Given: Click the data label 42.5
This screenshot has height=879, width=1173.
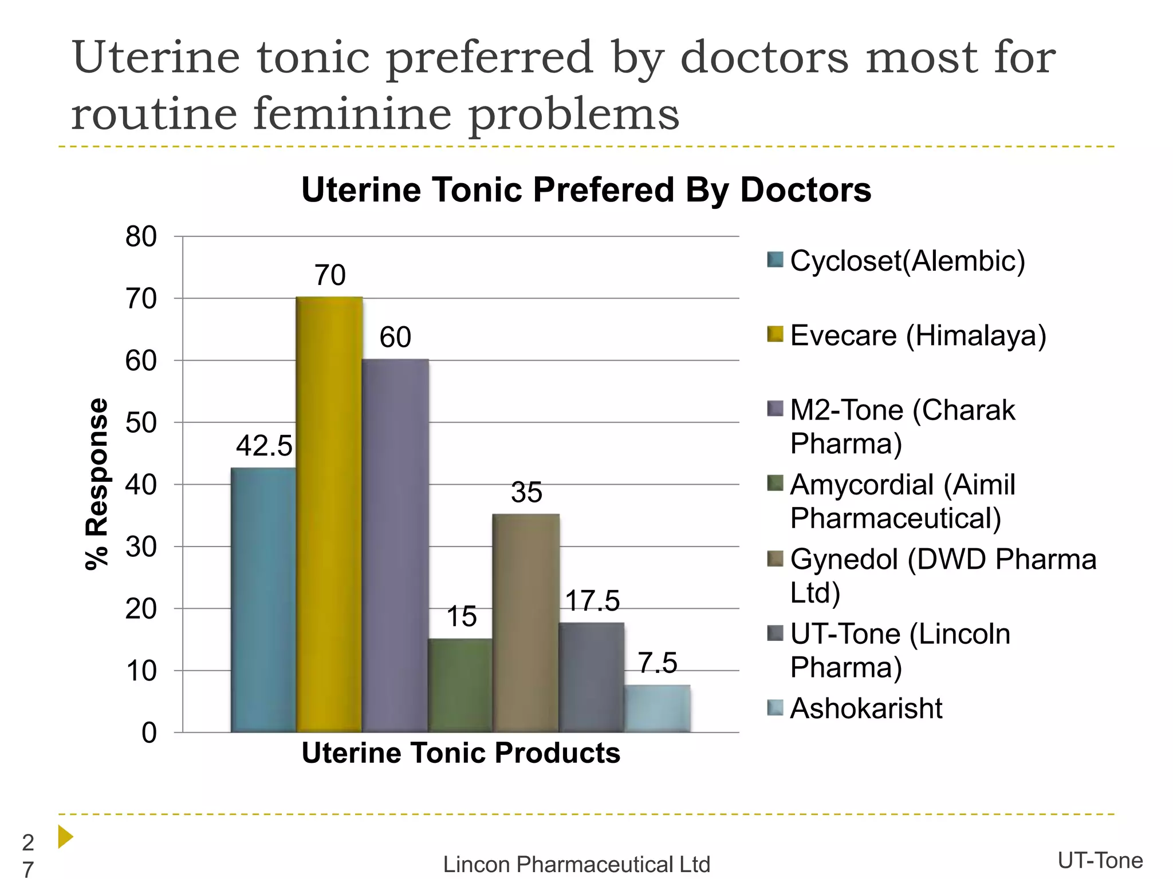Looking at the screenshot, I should (264, 446).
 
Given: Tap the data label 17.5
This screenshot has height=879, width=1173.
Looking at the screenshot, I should (592, 601).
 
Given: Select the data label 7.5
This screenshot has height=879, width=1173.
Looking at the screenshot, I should (658, 663).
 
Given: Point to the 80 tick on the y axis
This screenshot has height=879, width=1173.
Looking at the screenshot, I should (141, 236).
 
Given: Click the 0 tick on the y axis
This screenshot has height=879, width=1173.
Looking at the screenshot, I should (149, 732).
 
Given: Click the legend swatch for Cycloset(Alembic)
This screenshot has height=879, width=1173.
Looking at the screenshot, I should (775, 260).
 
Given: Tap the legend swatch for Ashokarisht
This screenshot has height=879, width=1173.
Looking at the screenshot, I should (775, 708).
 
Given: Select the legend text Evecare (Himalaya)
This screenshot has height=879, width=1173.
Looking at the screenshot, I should (918, 335).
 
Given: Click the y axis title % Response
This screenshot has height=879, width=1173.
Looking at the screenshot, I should (96, 484).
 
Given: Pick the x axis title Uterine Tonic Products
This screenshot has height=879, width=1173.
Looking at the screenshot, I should (460, 753).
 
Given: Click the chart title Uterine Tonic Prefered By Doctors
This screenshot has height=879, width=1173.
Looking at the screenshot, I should (586, 190).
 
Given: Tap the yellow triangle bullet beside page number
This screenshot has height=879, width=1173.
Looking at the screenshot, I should (65, 837).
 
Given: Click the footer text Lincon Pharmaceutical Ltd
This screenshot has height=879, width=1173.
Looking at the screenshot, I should (576, 864).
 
